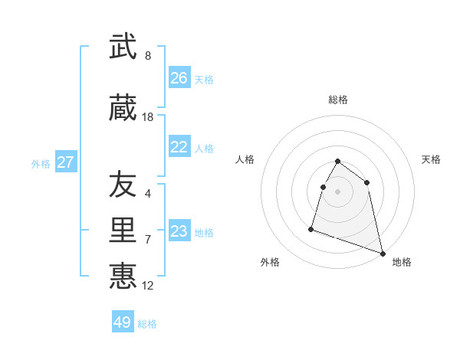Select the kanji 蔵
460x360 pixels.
click(123, 108)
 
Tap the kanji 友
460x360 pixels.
click(123, 185)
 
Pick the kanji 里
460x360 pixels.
click(123, 230)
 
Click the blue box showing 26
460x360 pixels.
click(179, 78)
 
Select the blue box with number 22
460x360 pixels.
click(179, 147)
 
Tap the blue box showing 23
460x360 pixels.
click(179, 231)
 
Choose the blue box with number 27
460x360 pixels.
click(66, 162)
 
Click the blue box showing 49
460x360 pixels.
click(123, 322)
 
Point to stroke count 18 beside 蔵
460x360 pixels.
click(148, 117)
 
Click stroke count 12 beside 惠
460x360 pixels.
click(148, 286)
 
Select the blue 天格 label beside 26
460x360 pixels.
click(204, 79)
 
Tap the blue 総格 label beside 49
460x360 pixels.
click(147, 324)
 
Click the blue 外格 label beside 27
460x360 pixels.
click(41, 164)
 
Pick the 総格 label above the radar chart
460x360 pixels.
click(338, 100)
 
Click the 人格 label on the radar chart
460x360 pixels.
click(245, 159)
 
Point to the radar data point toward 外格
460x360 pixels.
click(311, 228)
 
